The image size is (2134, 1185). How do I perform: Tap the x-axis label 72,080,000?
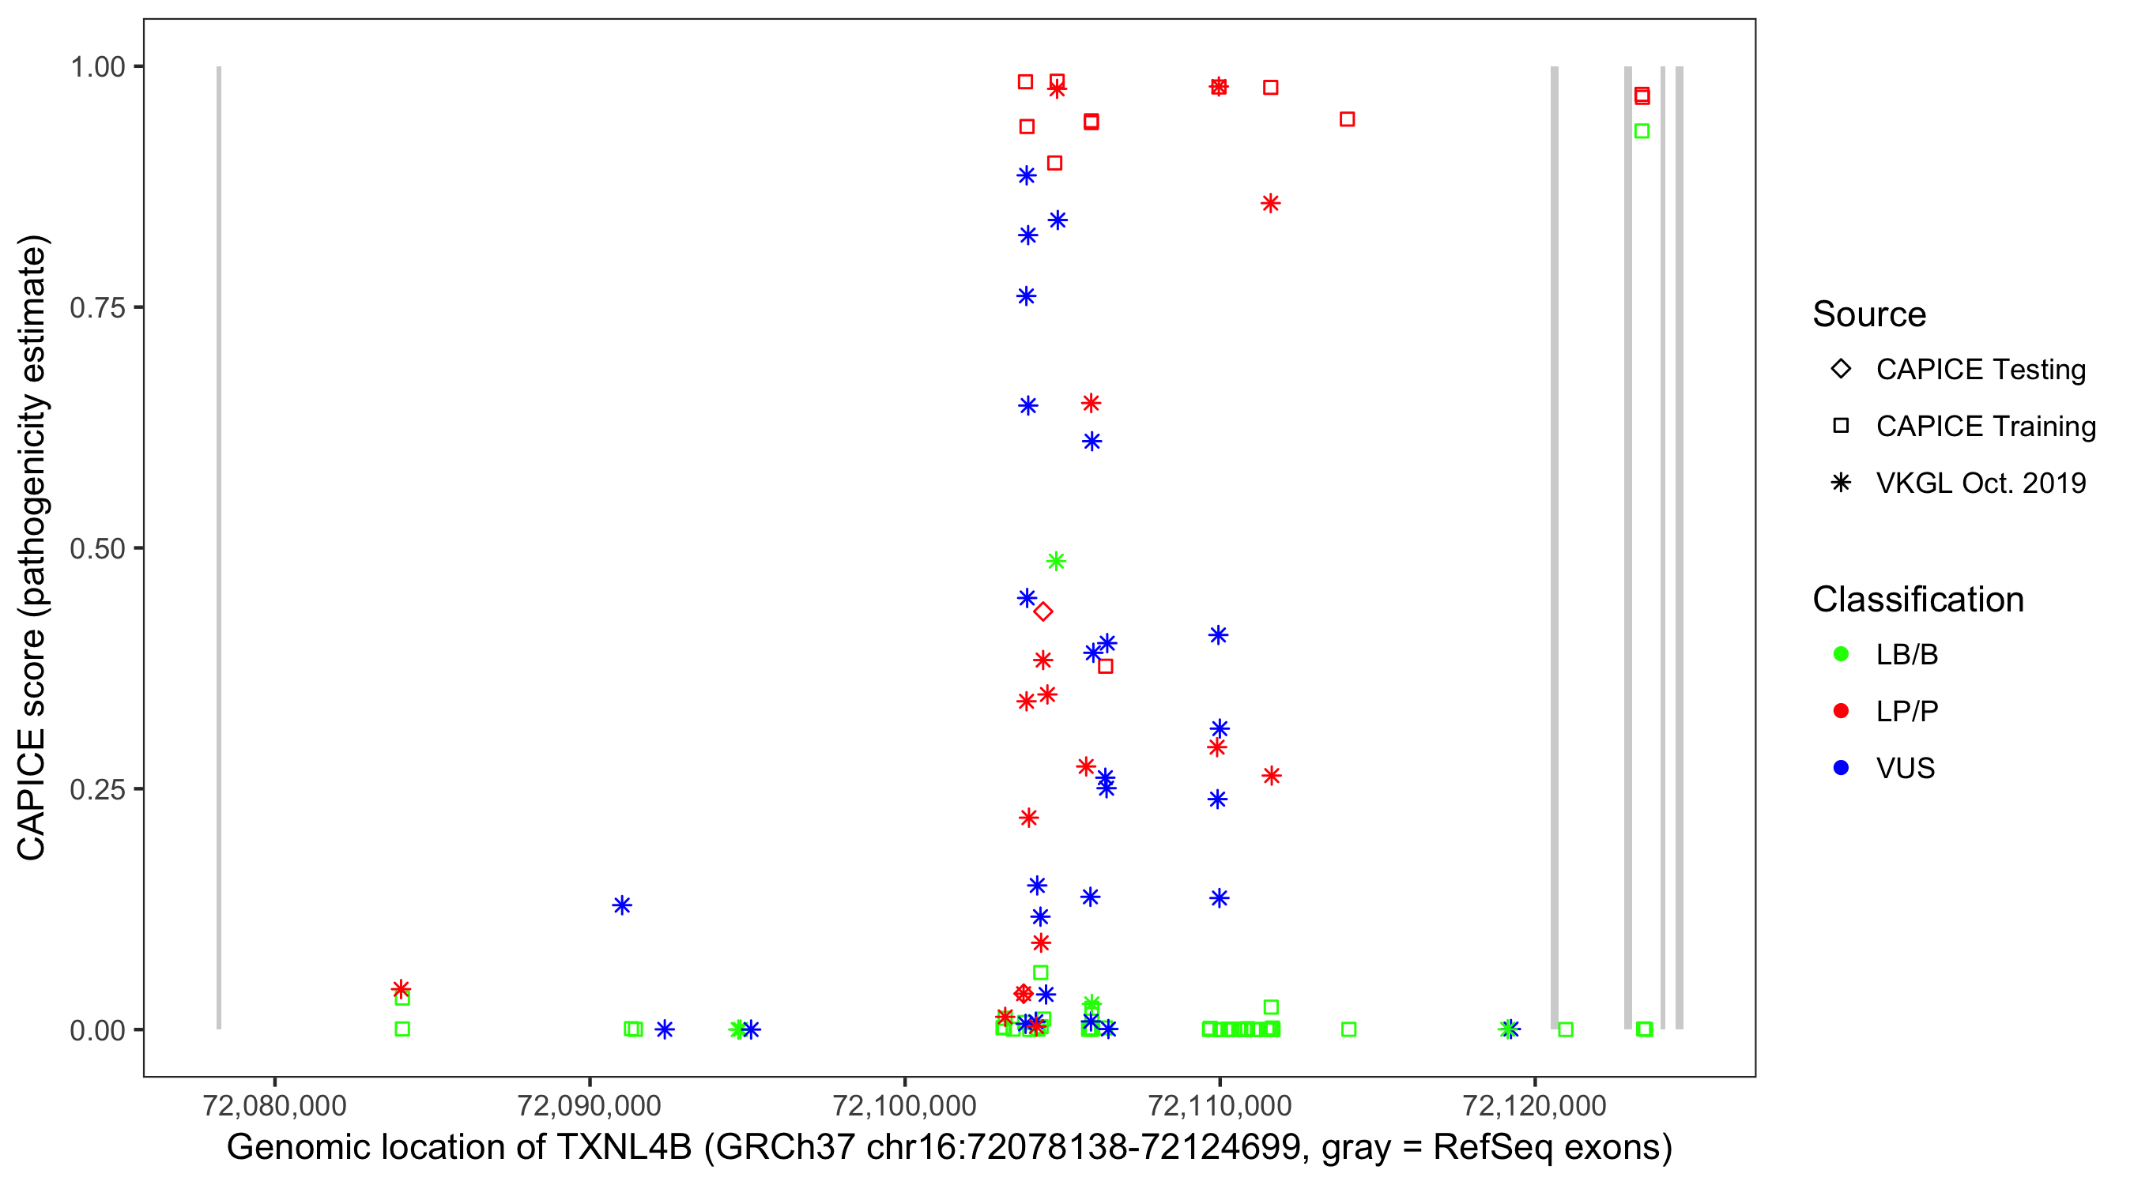coord(274,1105)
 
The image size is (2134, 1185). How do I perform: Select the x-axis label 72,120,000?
coord(1534,1105)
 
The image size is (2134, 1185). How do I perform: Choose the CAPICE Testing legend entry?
coord(1980,370)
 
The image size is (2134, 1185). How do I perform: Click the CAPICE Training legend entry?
coord(1985,427)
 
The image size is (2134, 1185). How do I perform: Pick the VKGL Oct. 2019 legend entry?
coord(1980,483)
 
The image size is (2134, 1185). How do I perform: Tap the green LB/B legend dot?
coord(1841,654)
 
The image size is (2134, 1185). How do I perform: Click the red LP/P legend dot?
coord(1841,711)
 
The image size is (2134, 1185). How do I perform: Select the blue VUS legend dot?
coord(1841,768)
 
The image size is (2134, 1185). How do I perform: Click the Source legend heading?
coord(1869,314)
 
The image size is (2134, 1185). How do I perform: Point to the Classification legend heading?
coord(1917,600)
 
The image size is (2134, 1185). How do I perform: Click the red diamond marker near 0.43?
coord(1043,612)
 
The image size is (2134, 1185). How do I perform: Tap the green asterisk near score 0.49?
coord(1055,562)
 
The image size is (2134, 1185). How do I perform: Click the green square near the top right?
coord(1641,131)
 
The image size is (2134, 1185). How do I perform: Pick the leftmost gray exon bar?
coord(219,547)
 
